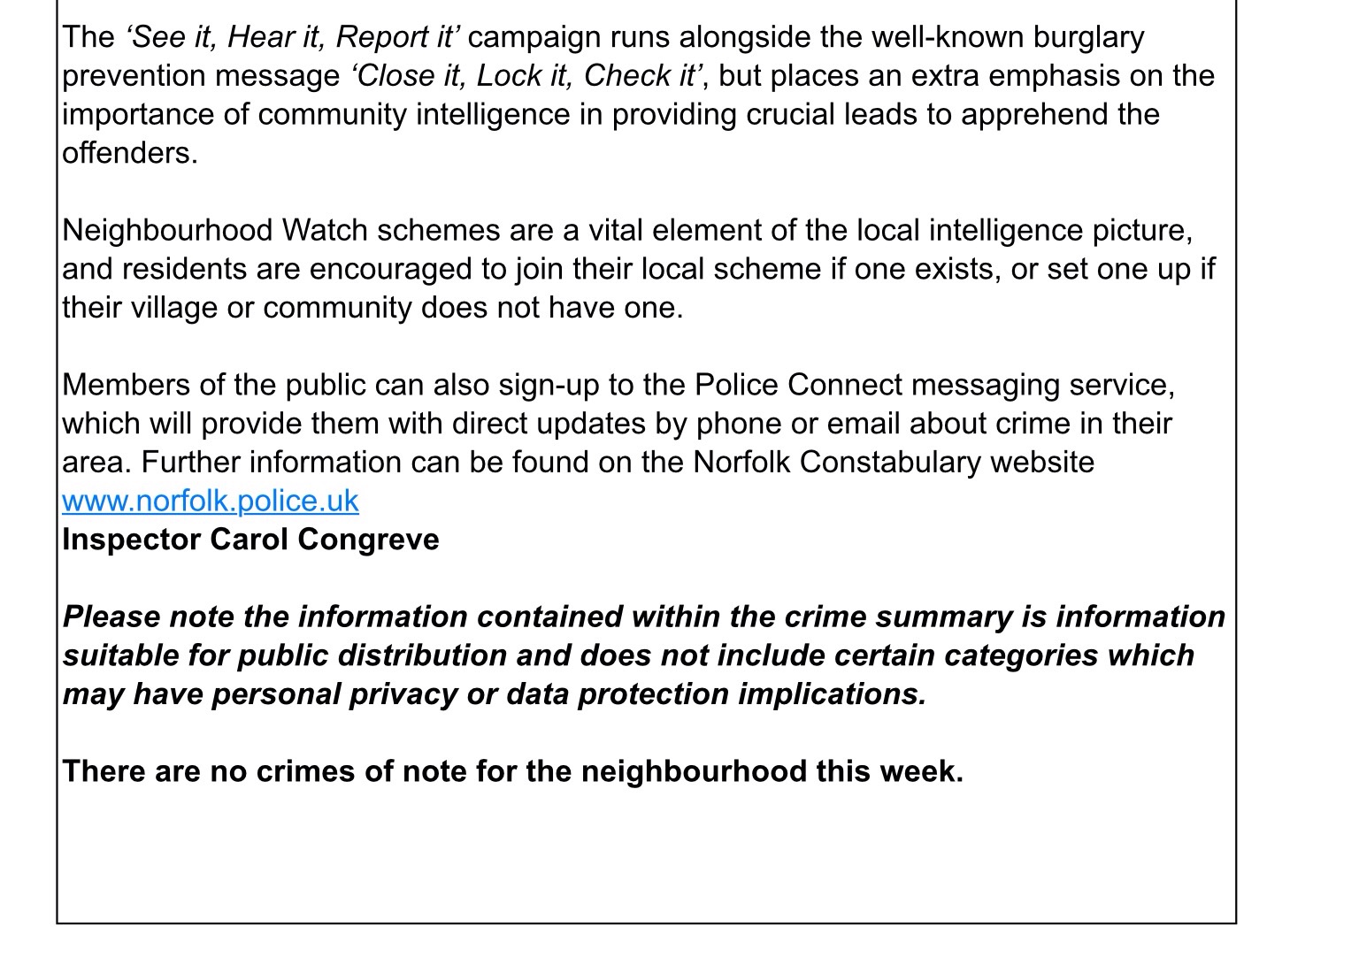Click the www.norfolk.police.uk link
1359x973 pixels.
[210, 501]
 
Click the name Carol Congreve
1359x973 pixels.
[324, 540]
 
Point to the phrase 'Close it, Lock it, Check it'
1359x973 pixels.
[526, 76]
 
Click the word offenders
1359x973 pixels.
[128, 153]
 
